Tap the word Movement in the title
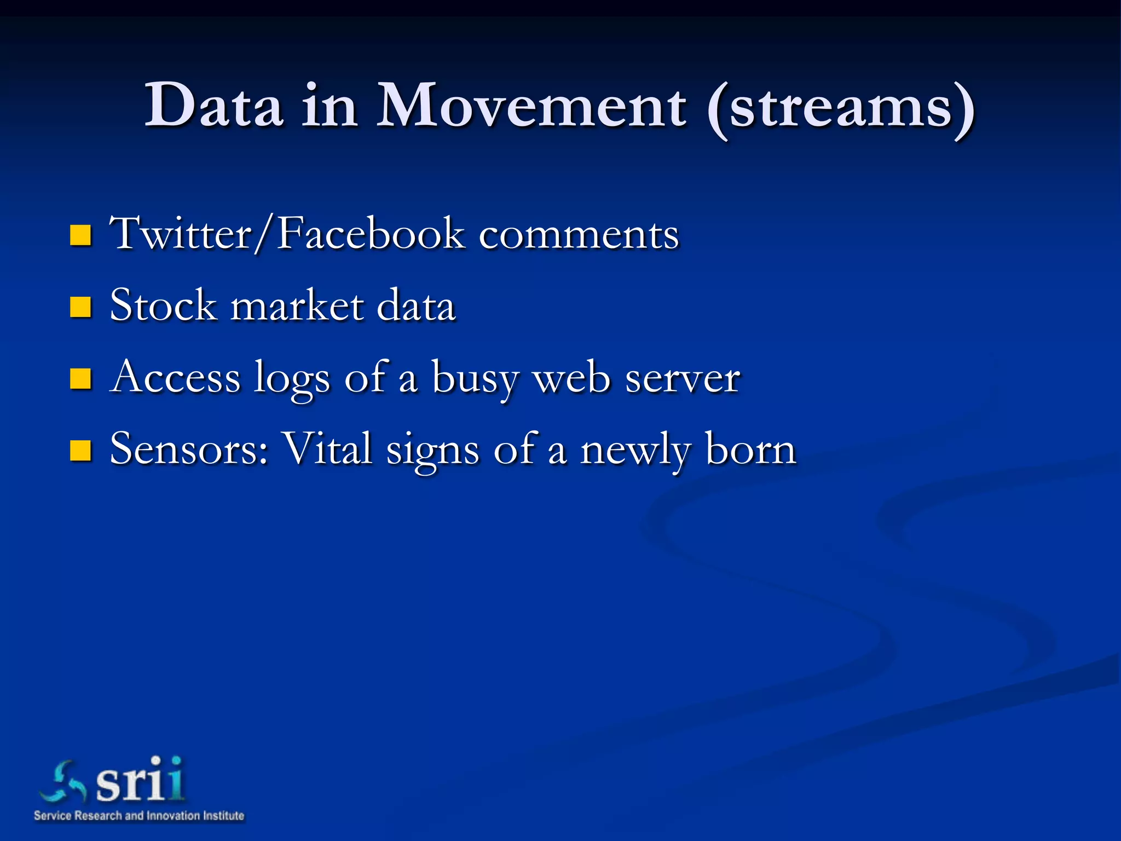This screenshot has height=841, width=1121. click(531, 105)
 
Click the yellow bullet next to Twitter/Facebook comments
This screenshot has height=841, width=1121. click(80, 235)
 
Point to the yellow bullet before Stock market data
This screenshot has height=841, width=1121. click(80, 307)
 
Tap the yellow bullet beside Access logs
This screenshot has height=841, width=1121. click(80, 379)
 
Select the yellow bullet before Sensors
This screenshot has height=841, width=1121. click(80, 451)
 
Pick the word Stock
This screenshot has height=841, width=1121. click(163, 306)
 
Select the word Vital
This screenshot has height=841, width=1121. click(328, 449)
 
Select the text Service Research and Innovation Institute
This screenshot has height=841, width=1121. click(139, 816)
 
